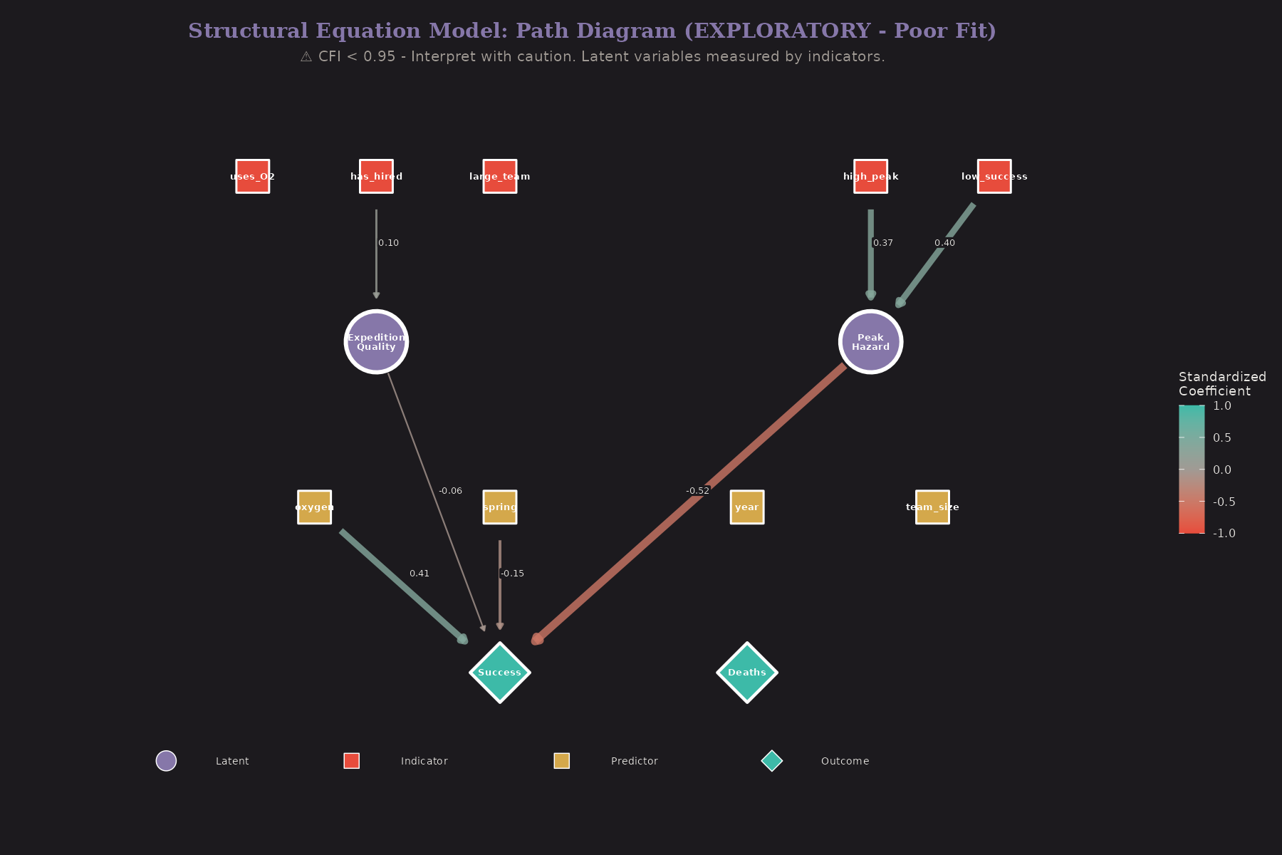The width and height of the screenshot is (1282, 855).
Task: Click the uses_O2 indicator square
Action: (x=253, y=176)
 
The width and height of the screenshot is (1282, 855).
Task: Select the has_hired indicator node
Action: (x=376, y=176)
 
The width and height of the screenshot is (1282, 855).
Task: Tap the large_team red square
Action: (x=500, y=176)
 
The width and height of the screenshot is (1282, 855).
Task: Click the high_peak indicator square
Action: (x=870, y=176)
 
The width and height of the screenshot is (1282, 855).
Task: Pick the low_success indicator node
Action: (x=994, y=176)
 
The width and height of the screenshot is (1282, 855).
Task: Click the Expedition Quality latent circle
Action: (x=376, y=342)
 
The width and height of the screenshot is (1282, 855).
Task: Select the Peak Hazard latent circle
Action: (x=870, y=342)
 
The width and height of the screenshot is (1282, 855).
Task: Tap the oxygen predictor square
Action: (x=314, y=507)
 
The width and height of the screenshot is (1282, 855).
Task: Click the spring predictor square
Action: (x=500, y=507)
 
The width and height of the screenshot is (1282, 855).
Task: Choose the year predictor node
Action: (x=747, y=507)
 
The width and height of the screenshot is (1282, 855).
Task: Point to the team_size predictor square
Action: (x=932, y=507)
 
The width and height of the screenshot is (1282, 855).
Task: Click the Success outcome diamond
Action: (x=500, y=673)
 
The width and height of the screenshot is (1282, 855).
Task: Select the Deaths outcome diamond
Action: (x=747, y=673)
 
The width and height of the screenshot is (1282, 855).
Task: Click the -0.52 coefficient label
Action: (x=698, y=491)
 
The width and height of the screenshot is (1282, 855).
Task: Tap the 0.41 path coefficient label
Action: (x=419, y=574)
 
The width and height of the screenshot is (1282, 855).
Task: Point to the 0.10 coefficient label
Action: (x=388, y=243)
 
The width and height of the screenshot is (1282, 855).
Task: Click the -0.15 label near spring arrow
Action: (x=512, y=574)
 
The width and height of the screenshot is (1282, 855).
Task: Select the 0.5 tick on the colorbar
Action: (x=1221, y=437)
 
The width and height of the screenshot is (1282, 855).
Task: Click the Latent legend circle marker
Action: (x=166, y=761)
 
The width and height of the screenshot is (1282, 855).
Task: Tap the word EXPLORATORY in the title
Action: (x=781, y=31)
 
